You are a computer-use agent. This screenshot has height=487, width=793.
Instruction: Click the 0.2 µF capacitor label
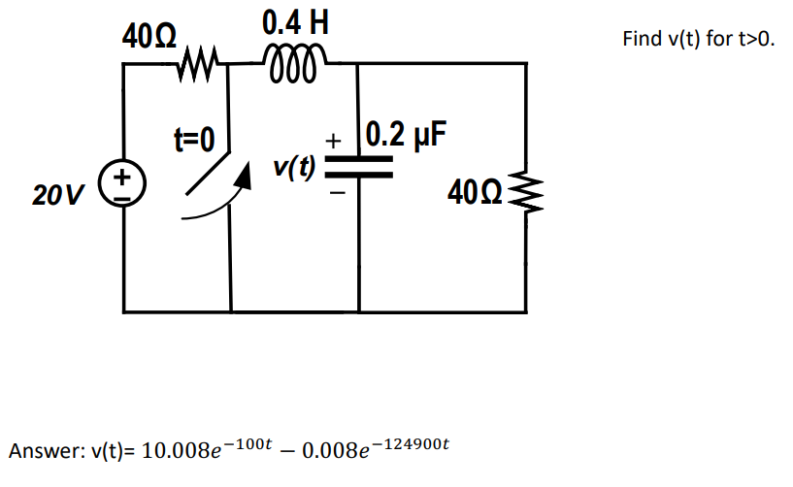coord(408,134)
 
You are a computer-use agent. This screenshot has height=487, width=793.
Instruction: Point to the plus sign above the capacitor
coord(335,141)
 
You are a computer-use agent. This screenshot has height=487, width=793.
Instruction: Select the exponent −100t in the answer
coord(243,443)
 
